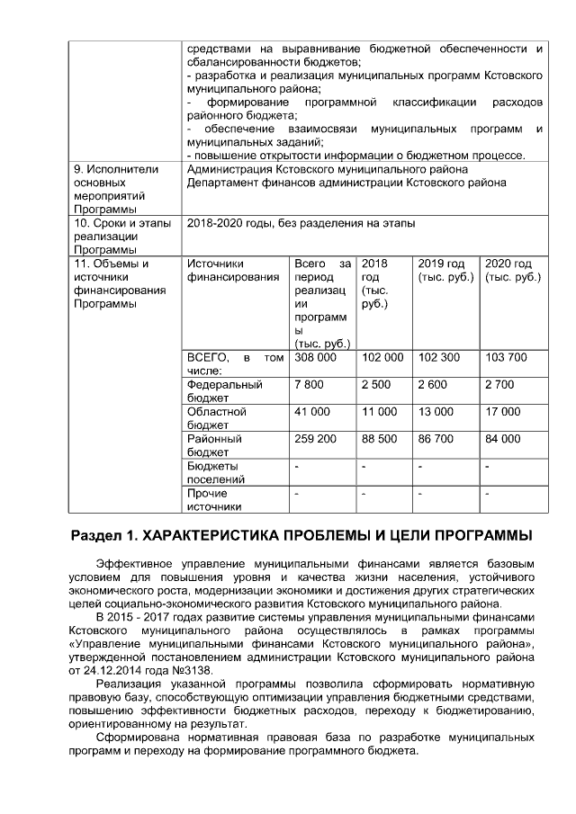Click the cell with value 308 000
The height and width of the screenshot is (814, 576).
click(315, 358)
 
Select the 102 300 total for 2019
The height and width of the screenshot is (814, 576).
click(438, 358)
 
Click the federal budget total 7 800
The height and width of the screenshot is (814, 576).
click(309, 385)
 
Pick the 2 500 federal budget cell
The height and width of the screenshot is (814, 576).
click(376, 385)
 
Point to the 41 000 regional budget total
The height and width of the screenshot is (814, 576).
click(311, 412)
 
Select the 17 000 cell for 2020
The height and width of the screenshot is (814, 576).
click(503, 412)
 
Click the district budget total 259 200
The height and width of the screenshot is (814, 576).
click(315, 439)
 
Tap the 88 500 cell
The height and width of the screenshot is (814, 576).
click(379, 439)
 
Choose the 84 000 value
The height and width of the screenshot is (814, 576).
click(503, 439)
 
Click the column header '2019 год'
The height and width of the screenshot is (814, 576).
click(441, 264)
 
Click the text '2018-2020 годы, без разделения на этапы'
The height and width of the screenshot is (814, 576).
click(301, 223)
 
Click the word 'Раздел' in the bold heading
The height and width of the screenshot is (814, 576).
click(96, 536)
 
